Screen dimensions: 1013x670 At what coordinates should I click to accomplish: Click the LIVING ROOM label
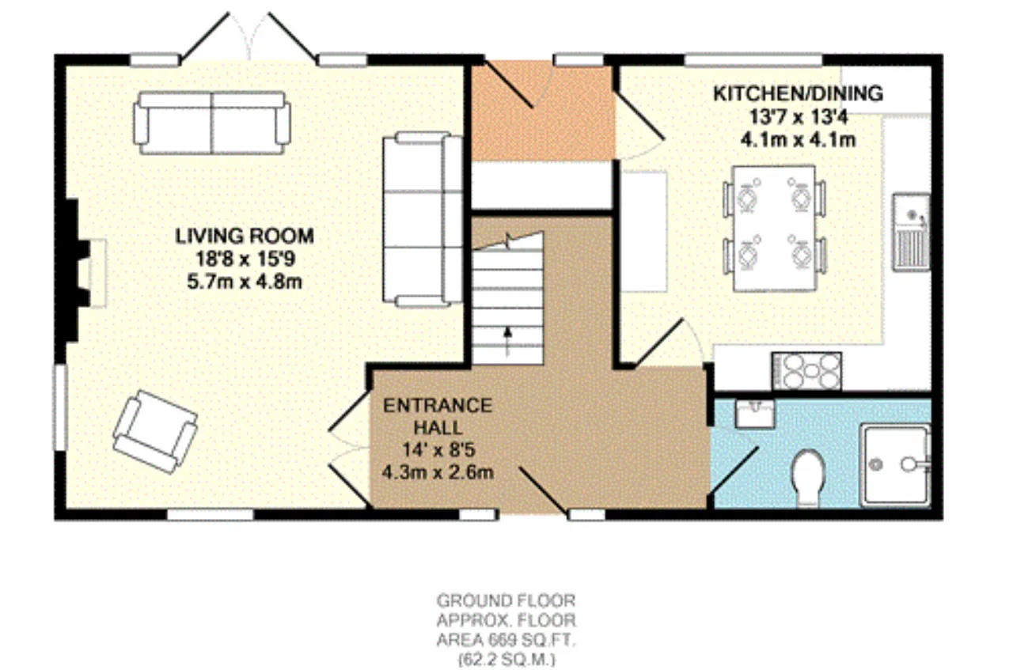245,236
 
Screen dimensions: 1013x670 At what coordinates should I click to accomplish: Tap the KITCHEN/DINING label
799,93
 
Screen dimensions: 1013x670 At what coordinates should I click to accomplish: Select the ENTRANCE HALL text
438,416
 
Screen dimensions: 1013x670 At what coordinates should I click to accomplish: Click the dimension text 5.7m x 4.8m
245,282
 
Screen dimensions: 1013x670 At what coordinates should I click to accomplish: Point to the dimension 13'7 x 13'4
799,117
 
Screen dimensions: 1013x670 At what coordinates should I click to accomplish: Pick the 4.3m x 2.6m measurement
438,473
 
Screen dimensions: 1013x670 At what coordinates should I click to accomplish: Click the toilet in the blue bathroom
808,477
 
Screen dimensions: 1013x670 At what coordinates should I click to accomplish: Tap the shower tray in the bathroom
895,464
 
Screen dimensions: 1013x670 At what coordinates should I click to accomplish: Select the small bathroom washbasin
754,413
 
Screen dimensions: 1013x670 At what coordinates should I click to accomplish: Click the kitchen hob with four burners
806,371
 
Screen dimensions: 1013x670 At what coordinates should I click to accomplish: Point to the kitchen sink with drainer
911,233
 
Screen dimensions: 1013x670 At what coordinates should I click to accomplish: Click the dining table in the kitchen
775,229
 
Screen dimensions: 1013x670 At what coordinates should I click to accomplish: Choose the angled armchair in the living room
155,432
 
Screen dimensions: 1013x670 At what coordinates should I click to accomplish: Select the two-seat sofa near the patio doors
212,123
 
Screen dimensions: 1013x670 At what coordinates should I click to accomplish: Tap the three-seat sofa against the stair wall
423,219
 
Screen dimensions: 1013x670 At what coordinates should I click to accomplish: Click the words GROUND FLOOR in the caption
506,601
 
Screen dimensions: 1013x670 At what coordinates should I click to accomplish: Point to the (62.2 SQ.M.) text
506,660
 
